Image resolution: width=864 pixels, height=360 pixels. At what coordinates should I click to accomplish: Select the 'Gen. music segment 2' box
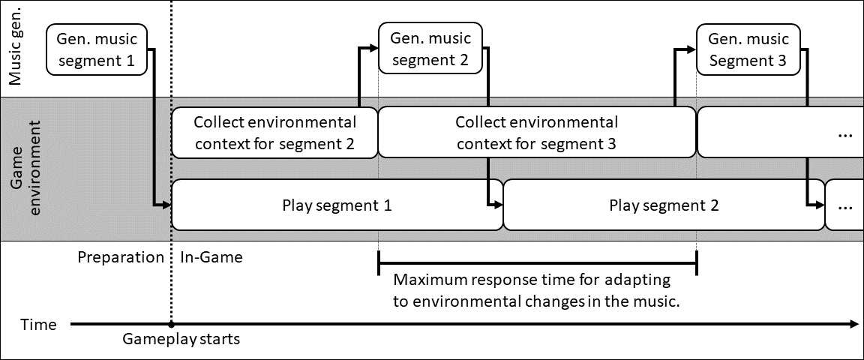pos(430,48)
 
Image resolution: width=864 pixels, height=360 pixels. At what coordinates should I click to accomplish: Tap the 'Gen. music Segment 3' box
pos(748,49)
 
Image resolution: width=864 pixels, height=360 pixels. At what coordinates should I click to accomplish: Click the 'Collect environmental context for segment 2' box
pos(275,133)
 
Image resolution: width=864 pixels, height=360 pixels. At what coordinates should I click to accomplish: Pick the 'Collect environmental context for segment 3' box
pos(537,133)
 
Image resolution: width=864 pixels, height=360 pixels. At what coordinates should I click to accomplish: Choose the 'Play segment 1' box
pos(337,205)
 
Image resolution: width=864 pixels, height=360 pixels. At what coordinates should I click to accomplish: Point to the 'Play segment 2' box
pos(664,205)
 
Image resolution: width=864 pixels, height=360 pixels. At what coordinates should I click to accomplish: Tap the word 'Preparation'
pos(121,258)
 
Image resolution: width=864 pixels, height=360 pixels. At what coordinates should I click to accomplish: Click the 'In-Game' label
pos(211,257)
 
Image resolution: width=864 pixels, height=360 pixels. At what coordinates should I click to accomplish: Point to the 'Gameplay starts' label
pos(181,338)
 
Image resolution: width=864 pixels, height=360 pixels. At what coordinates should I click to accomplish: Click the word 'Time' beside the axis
pos(38,325)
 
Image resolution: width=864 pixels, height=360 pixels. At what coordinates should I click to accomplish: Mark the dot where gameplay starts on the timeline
pos(171,325)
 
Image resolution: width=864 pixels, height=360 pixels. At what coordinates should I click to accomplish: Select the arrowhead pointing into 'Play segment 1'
pos(167,205)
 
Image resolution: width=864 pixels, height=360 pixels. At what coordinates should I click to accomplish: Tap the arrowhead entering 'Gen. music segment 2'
pos(374,48)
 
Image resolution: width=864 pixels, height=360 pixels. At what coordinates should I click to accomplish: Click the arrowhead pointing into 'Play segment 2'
pos(499,205)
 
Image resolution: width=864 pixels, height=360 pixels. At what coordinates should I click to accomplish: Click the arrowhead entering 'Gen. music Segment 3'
pos(691,49)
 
